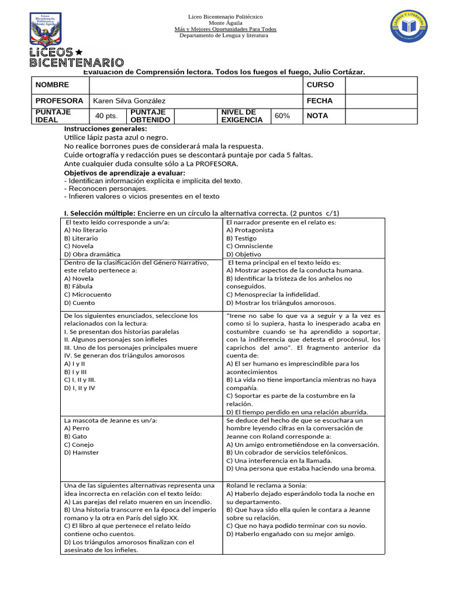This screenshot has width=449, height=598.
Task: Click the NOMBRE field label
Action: (52, 85)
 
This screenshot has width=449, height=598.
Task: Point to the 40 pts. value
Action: (106, 116)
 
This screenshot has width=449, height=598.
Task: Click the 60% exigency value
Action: (282, 116)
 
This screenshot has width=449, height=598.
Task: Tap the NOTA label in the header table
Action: (317, 116)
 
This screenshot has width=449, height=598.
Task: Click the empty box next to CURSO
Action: (381, 85)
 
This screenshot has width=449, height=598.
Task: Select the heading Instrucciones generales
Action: (105, 128)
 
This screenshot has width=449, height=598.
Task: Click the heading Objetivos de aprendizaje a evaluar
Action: (124, 173)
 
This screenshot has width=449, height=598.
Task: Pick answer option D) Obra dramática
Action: (92, 254)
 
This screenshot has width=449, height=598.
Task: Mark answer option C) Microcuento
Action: (87, 294)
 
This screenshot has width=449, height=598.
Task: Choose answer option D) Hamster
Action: (81, 452)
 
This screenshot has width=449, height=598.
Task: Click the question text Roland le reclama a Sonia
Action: (266, 485)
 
